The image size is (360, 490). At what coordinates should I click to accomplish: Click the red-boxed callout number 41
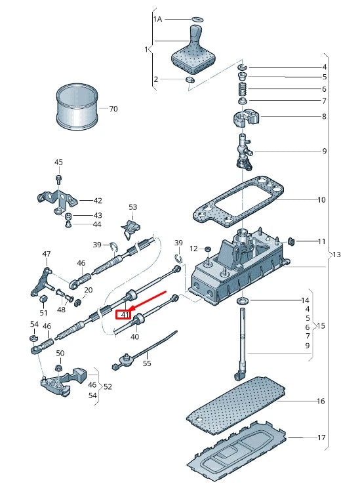pyautogui.click(x=125, y=314)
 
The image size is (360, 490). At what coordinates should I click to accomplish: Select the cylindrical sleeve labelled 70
pyautogui.click(x=77, y=107)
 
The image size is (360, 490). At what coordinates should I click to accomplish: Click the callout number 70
pyautogui.click(x=113, y=109)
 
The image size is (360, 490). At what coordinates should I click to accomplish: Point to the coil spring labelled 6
pyautogui.click(x=243, y=89)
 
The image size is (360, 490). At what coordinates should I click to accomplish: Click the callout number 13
pyautogui.click(x=336, y=255)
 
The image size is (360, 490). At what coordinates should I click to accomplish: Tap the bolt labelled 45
pyautogui.click(x=59, y=179)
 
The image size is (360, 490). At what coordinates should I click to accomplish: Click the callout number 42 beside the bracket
pyautogui.click(x=98, y=200)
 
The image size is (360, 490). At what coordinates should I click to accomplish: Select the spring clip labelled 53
pyautogui.click(x=130, y=229)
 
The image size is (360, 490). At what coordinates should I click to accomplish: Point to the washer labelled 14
pyautogui.click(x=243, y=300)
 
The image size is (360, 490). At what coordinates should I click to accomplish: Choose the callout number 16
pyautogui.click(x=321, y=401)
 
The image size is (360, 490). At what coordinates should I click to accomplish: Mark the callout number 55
pyautogui.click(x=147, y=363)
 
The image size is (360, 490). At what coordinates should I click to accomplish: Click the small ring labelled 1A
pyautogui.click(x=197, y=20)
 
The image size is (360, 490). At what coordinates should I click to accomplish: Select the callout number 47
pyautogui.click(x=47, y=254)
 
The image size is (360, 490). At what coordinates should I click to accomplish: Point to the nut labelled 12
pyautogui.click(x=207, y=249)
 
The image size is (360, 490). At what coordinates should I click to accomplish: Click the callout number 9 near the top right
pyautogui.click(x=324, y=151)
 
